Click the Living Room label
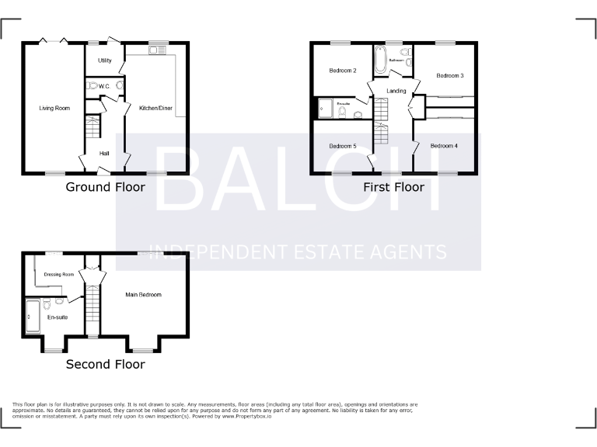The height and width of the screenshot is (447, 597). (54, 108)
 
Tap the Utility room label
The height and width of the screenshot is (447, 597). (105, 61)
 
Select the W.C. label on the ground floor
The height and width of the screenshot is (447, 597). (104, 87)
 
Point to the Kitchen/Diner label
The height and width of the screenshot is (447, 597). (155, 108)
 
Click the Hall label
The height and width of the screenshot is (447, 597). (104, 154)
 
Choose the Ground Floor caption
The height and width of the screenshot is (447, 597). (105, 187)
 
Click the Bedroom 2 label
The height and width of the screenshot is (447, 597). (343, 71)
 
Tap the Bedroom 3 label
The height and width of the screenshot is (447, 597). (450, 75)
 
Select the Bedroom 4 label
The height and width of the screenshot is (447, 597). (445, 146)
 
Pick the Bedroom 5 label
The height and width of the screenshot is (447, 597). (343, 146)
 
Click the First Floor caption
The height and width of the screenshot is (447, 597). (394, 187)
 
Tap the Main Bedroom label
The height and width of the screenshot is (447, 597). (144, 295)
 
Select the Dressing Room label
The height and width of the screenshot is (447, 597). (59, 274)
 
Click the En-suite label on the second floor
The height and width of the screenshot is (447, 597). (57, 317)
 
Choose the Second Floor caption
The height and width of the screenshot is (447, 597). (105, 364)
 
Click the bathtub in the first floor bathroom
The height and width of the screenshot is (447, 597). (380, 61)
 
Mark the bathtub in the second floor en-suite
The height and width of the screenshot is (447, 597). (32, 316)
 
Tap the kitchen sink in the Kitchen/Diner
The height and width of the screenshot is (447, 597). (152, 51)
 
